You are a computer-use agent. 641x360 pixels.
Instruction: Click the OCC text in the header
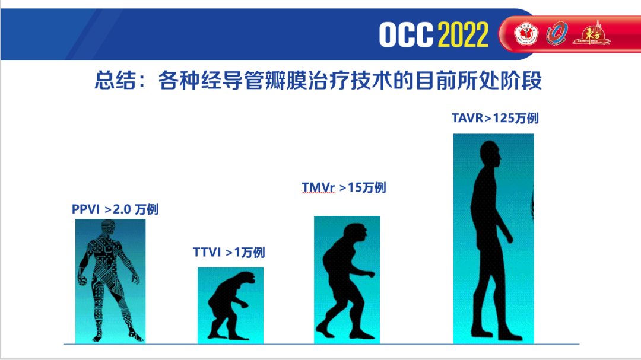tap(406, 35)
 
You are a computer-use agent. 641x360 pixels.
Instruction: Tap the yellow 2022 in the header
tap(463, 35)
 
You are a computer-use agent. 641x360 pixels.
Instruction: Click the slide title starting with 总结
tap(318, 80)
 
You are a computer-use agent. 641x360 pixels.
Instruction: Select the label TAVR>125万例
tap(495, 118)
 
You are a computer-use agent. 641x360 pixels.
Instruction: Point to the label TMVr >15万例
tap(344, 187)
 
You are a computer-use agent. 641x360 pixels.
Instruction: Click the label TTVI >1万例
tap(229, 253)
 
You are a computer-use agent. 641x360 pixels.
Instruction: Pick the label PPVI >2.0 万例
tap(115, 209)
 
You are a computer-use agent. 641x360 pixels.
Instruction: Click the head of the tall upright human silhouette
tap(490, 154)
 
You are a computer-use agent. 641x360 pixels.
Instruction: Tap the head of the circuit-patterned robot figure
tap(109, 228)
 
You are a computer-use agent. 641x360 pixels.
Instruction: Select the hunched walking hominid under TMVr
tap(346, 281)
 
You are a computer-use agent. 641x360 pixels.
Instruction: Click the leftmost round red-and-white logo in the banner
tap(526, 34)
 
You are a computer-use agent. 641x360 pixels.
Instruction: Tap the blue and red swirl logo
tap(556, 33)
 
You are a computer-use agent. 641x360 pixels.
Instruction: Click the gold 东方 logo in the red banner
tap(591, 33)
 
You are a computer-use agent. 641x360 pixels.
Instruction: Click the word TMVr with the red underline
tap(318, 187)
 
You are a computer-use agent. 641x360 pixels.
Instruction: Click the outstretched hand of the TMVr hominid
tap(370, 274)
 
